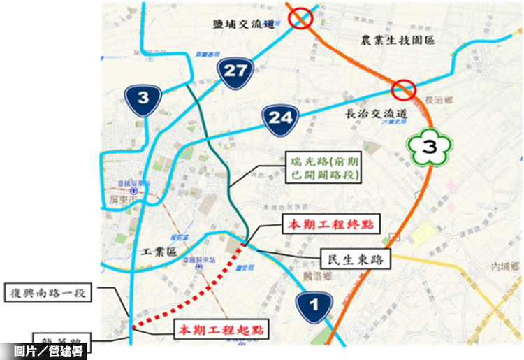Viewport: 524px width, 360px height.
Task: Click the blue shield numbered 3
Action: (x=143, y=98)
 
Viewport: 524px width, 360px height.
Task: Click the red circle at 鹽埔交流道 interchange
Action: (x=302, y=18)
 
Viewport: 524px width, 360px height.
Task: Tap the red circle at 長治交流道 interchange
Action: (x=404, y=89)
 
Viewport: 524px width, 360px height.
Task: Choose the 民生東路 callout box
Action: (x=356, y=259)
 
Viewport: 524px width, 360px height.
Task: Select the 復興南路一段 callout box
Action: (x=48, y=293)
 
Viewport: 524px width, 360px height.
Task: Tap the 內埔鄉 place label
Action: (x=505, y=267)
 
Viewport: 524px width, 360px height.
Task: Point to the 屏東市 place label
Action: (x=122, y=201)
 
